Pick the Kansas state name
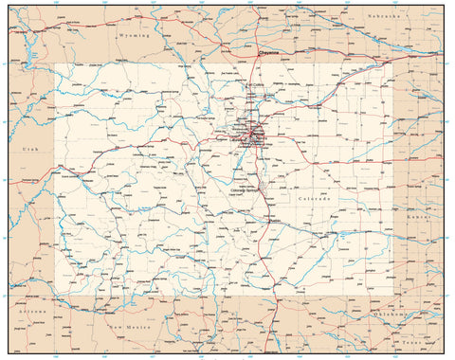click(424, 217)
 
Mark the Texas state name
click(411, 344)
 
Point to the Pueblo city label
click(266, 221)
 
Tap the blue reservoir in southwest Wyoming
click(33, 57)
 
